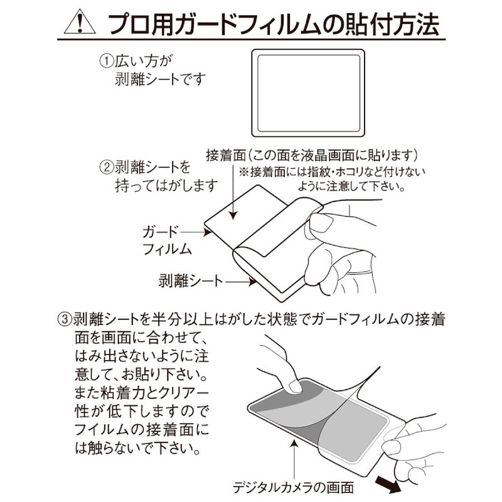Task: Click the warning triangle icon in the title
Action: tap(80, 22)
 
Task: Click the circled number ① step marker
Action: tap(106, 61)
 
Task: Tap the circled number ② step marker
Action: tap(106, 168)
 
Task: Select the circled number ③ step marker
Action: tap(64, 319)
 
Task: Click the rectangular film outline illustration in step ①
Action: tap(308, 93)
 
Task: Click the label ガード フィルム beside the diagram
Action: tap(166, 240)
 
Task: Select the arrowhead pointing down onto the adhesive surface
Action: tap(233, 215)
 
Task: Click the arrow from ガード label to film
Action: tap(195, 232)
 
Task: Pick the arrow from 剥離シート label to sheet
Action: tap(241, 282)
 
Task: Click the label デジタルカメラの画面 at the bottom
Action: tap(293, 488)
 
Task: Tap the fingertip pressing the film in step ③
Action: tap(294, 386)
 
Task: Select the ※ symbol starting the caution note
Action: tap(244, 172)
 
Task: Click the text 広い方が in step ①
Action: tap(144, 61)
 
